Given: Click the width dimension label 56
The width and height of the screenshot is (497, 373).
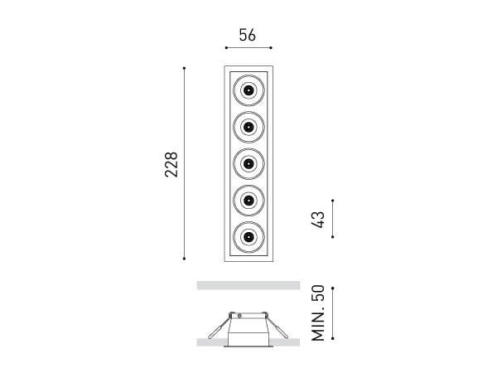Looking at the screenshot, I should (x=247, y=35).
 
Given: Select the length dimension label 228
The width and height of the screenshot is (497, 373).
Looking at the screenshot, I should (x=171, y=164).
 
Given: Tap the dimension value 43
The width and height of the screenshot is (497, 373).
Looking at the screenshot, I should (x=319, y=219).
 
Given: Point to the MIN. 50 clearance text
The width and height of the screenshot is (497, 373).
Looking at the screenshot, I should (x=318, y=313).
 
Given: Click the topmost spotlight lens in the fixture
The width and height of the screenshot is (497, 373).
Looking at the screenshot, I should (x=248, y=89).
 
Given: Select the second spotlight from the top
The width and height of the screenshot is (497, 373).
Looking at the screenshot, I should (x=248, y=126).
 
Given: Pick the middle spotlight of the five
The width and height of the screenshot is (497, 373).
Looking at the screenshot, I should (x=248, y=163).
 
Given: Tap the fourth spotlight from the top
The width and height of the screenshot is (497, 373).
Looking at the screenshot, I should (x=248, y=200).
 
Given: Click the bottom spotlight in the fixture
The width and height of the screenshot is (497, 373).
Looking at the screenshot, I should (x=248, y=237).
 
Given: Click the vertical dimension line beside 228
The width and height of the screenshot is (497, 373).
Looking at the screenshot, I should (x=184, y=164).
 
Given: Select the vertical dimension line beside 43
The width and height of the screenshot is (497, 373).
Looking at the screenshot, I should (x=332, y=219).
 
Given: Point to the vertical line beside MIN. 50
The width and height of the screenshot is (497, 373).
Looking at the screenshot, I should (x=332, y=313).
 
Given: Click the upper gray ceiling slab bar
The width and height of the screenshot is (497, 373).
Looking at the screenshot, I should (x=248, y=285).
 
